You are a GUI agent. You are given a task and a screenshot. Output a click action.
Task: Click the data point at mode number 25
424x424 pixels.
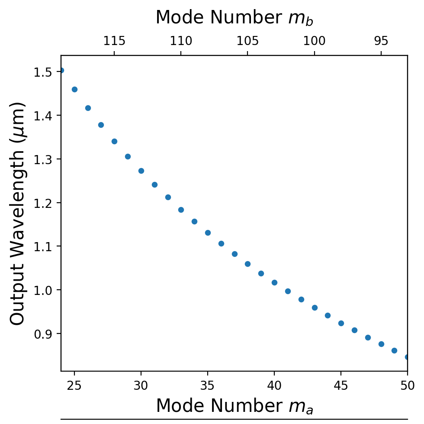pos(74,90)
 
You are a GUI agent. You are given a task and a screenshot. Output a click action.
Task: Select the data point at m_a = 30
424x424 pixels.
pos(141,171)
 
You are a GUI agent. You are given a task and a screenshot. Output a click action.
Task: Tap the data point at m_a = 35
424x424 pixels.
pos(208,233)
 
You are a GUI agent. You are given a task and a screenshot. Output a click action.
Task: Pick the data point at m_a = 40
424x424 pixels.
pos(274,282)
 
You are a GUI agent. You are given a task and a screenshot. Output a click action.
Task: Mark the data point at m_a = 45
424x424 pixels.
pos(341,323)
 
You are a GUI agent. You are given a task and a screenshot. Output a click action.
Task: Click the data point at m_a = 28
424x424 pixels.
pos(114,141)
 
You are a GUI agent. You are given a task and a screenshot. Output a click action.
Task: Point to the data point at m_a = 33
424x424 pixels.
pos(181,210)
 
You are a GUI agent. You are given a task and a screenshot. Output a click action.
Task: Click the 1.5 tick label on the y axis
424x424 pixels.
pos(43,72)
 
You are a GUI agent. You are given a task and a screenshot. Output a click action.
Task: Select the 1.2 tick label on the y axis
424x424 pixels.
pos(43,203)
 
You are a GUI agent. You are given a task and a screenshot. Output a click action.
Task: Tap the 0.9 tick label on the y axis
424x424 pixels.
pos(43,334)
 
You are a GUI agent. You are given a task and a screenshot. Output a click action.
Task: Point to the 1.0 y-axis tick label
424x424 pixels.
pos(43,290)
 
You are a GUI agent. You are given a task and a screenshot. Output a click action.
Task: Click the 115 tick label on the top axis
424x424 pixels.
pos(114,42)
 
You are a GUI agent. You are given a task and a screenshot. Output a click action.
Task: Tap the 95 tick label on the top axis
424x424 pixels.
pos(381,42)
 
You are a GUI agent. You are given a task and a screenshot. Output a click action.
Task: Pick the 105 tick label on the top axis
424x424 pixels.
pos(247,42)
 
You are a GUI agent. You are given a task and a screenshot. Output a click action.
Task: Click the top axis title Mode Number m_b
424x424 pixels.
pos(234,18)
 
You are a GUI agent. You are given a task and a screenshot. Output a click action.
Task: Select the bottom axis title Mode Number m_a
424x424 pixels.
pos(234,406)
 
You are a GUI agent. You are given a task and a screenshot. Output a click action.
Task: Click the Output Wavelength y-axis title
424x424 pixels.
pos(18,213)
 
